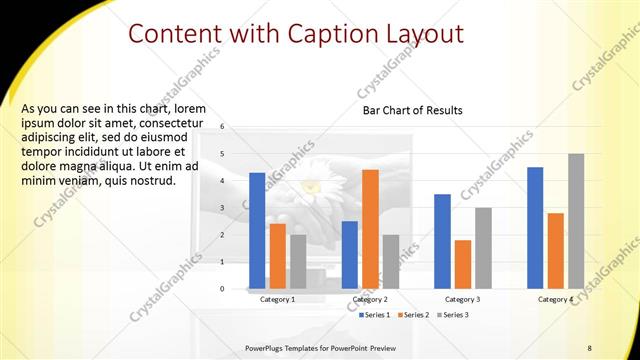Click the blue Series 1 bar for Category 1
[x=257, y=231]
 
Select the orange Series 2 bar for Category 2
[x=370, y=229]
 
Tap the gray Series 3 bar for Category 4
[x=576, y=221]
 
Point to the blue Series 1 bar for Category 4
[x=535, y=228]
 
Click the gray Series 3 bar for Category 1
[x=298, y=262]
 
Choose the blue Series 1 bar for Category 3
[x=442, y=241]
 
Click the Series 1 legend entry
[x=375, y=315]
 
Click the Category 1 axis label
[x=277, y=300]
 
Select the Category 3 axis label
[x=462, y=300]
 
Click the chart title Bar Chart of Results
[x=413, y=110]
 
